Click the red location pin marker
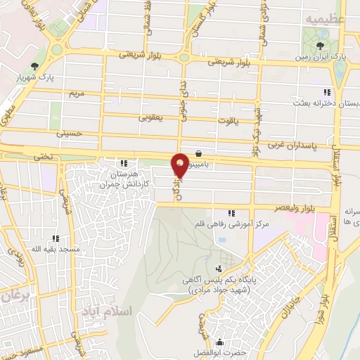(x=181, y=163)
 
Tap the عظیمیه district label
(x=324, y=19)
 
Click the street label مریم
(x=75, y=94)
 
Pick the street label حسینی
(x=74, y=132)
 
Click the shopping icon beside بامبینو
(x=200, y=153)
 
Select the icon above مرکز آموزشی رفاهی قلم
(x=231, y=214)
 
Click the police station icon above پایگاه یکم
(x=219, y=269)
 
